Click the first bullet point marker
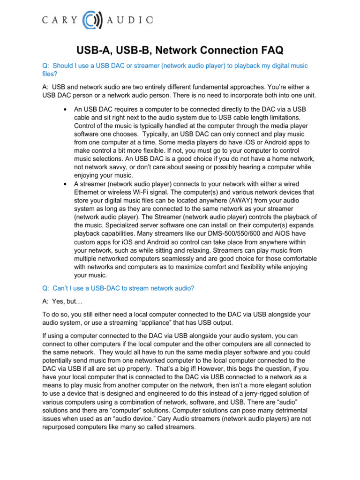click(64, 109)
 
